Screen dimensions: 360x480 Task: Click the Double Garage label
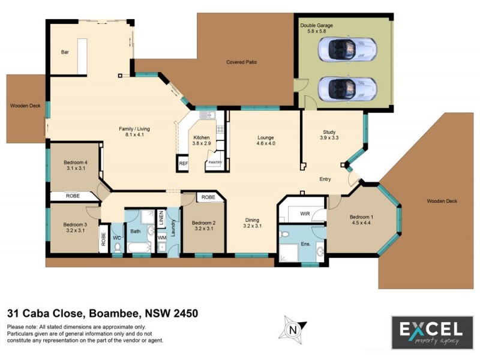tap(316, 26)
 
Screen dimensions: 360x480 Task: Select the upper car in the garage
tap(347, 49)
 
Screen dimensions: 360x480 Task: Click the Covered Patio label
tap(241, 62)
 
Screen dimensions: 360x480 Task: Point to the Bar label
tap(65, 52)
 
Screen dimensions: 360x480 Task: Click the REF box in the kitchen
tap(182, 162)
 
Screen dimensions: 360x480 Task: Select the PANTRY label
tap(214, 161)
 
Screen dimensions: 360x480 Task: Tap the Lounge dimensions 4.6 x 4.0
tap(265, 143)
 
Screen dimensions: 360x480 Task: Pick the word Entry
tap(325, 179)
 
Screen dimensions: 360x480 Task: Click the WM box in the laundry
tap(161, 238)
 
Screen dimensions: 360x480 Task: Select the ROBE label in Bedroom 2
tap(208, 197)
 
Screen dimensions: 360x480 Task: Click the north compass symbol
tap(292, 329)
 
